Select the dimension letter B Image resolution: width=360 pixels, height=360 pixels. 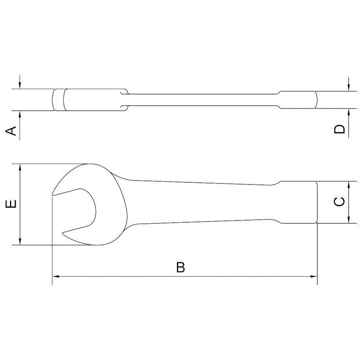click(180, 267)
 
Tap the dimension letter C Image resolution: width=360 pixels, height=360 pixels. click(341, 202)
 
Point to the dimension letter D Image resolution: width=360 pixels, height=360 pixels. click(341, 129)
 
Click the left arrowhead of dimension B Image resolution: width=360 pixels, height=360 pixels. click(55, 276)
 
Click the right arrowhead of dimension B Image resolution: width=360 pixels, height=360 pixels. click(314, 276)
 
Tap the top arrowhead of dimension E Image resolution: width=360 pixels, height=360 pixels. click(20, 167)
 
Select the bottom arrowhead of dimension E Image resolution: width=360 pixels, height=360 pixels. click(20, 242)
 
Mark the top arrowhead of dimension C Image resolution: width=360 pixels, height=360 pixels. click(349, 184)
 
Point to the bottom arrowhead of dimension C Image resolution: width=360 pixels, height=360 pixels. click(349, 220)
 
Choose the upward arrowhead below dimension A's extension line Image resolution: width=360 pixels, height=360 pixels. click(20, 113)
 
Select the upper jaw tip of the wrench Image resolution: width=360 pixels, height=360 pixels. click(54, 194)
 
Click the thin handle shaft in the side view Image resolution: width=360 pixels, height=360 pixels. click(202, 100)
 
